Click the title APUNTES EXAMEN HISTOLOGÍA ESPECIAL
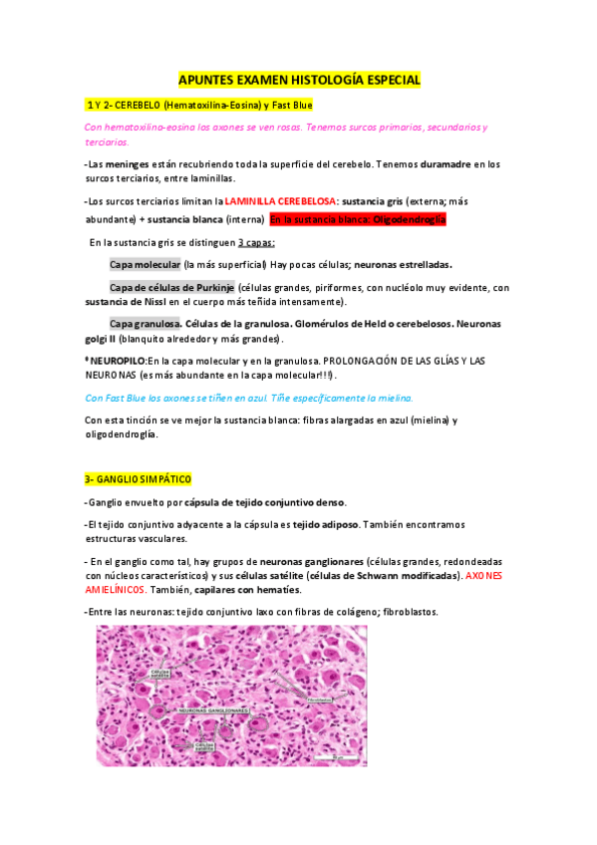point(299,80)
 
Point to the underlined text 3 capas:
point(257,242)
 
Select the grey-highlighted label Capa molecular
point(145,264)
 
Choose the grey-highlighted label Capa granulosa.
point(146,325)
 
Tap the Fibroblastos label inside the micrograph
point(321,700)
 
